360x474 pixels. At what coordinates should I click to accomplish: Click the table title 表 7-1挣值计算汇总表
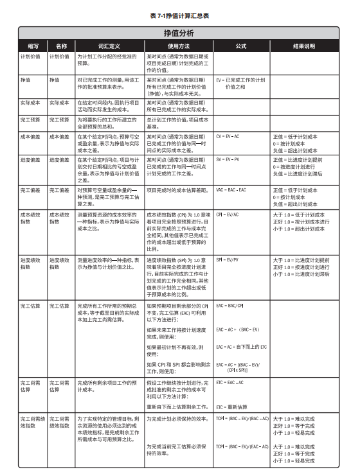(179, 14)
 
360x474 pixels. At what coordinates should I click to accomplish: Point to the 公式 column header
(241, 46)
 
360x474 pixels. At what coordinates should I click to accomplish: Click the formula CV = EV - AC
(228, 137)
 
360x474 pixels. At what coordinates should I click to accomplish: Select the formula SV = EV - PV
(228, 159)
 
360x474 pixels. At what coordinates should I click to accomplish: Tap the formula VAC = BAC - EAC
(231, 191)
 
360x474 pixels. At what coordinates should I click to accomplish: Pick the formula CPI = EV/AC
(228, 214)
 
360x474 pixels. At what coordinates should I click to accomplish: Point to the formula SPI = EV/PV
(228, 260)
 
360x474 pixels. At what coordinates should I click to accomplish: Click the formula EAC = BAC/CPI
(230, 306)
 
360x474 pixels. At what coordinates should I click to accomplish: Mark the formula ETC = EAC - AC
(230, 382)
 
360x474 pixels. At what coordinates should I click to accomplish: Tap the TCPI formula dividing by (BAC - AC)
(242, 418)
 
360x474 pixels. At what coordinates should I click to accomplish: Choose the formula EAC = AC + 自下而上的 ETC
(241, 347)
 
